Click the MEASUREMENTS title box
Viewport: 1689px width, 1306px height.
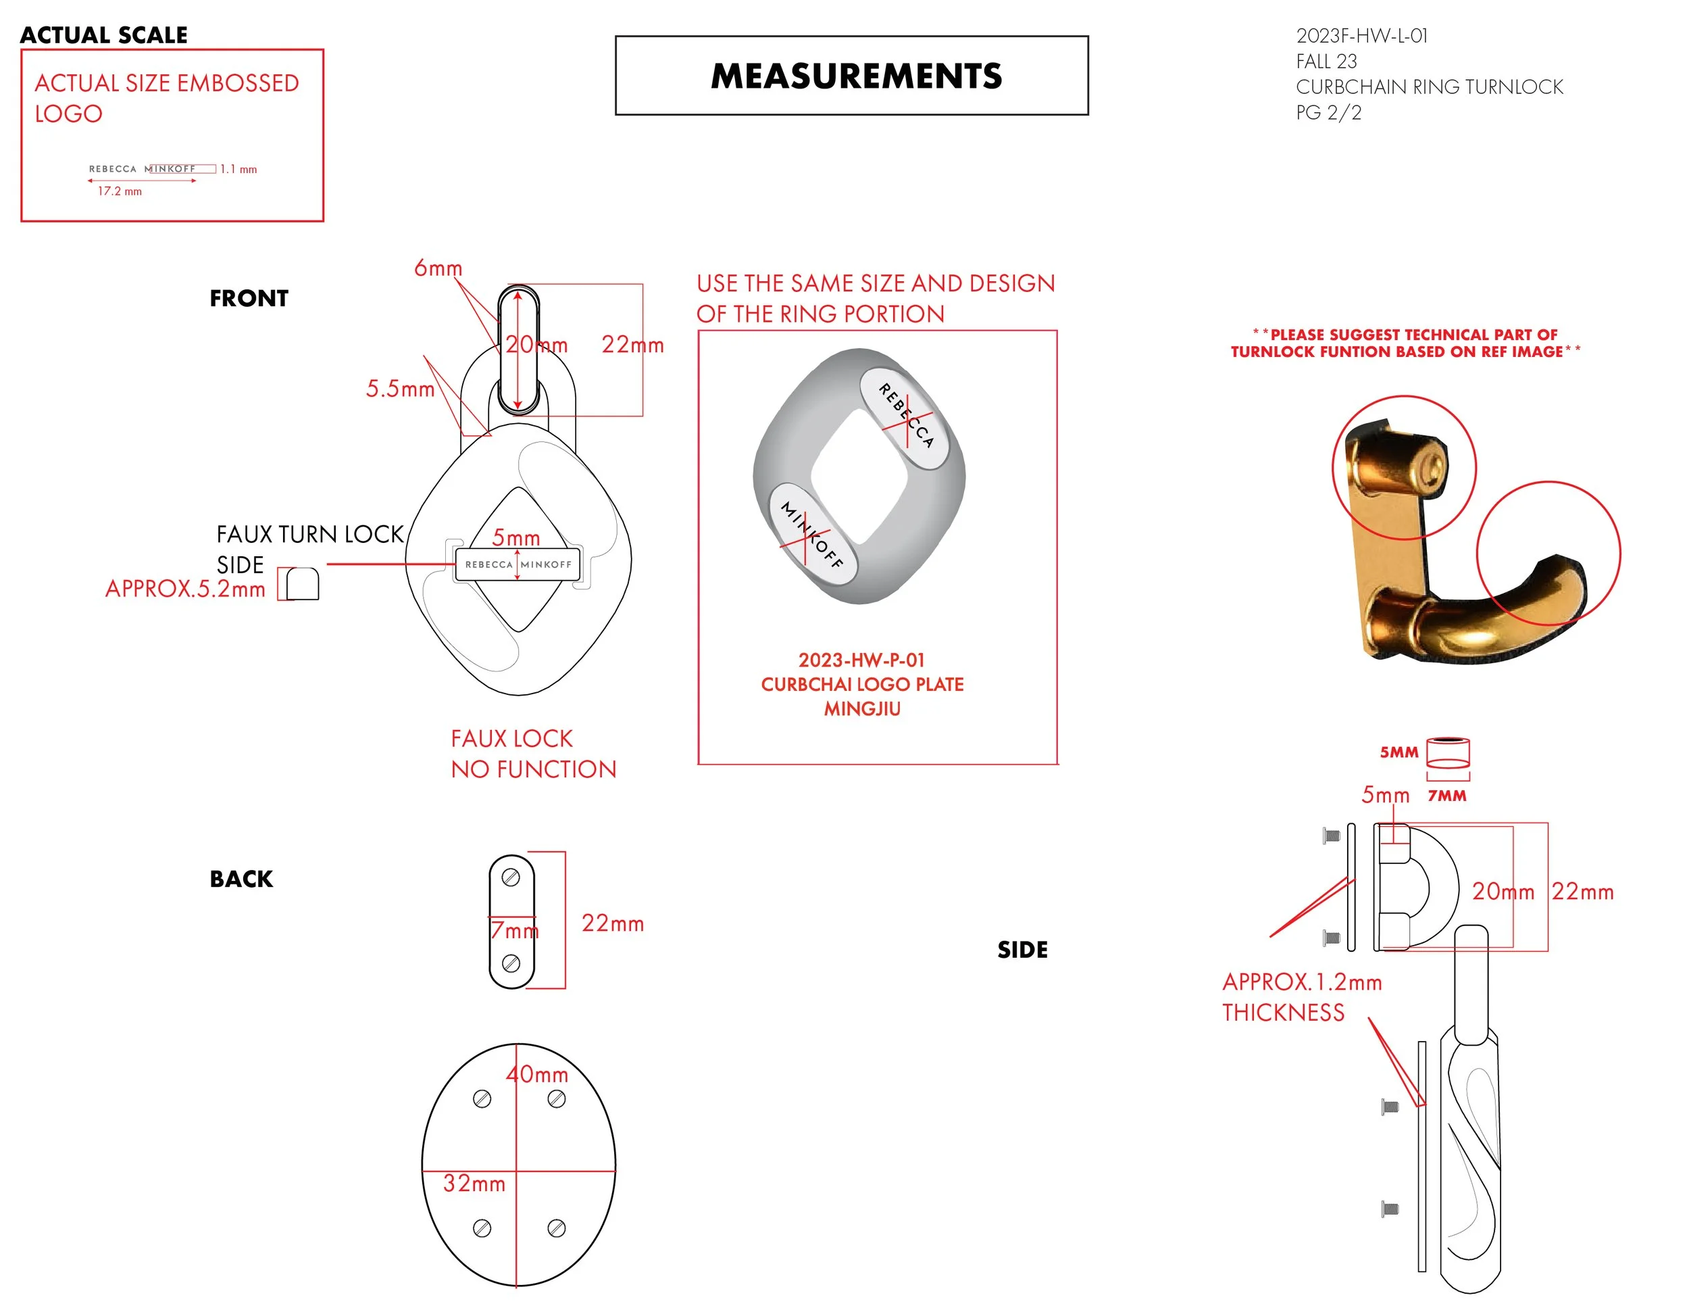(851, 76)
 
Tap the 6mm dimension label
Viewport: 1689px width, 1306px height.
(438, 268)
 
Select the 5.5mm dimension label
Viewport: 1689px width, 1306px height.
(400, 389)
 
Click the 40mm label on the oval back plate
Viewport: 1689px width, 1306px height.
(538, 1074)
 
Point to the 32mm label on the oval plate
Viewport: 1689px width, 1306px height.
(474, 1183)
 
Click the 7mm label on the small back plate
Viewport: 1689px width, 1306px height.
(514, 930)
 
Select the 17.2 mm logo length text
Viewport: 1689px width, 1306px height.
(120, 191)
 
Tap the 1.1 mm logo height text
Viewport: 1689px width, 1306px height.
(238, 169)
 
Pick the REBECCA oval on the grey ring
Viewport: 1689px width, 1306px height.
(905, 416)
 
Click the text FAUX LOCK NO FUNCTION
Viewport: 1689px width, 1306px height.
(533, 754)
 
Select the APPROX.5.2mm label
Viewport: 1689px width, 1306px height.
(185, 589)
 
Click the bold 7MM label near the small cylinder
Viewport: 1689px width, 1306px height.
(1446, 796)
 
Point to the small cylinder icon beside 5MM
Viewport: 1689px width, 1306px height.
(1448, 752)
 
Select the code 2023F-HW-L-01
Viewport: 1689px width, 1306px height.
(1361, 36)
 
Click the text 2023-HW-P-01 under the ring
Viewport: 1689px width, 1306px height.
(861, 660)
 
